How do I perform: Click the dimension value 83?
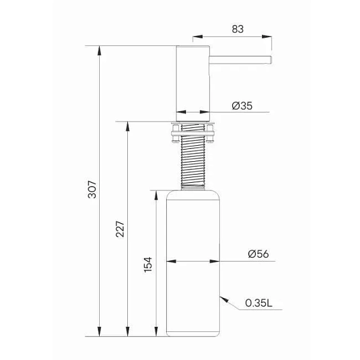(x=237, y=29)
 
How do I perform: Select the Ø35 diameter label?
(x=242, y=106)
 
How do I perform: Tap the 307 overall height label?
(x=92, y=189)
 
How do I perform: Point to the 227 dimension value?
(x=120, y=229)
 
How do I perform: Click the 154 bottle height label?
(x=148, y=265)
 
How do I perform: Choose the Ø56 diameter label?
(x=258, y=254)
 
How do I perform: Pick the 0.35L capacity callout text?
(x=259, y=303)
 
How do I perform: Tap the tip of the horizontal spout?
(x=271, y=60)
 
